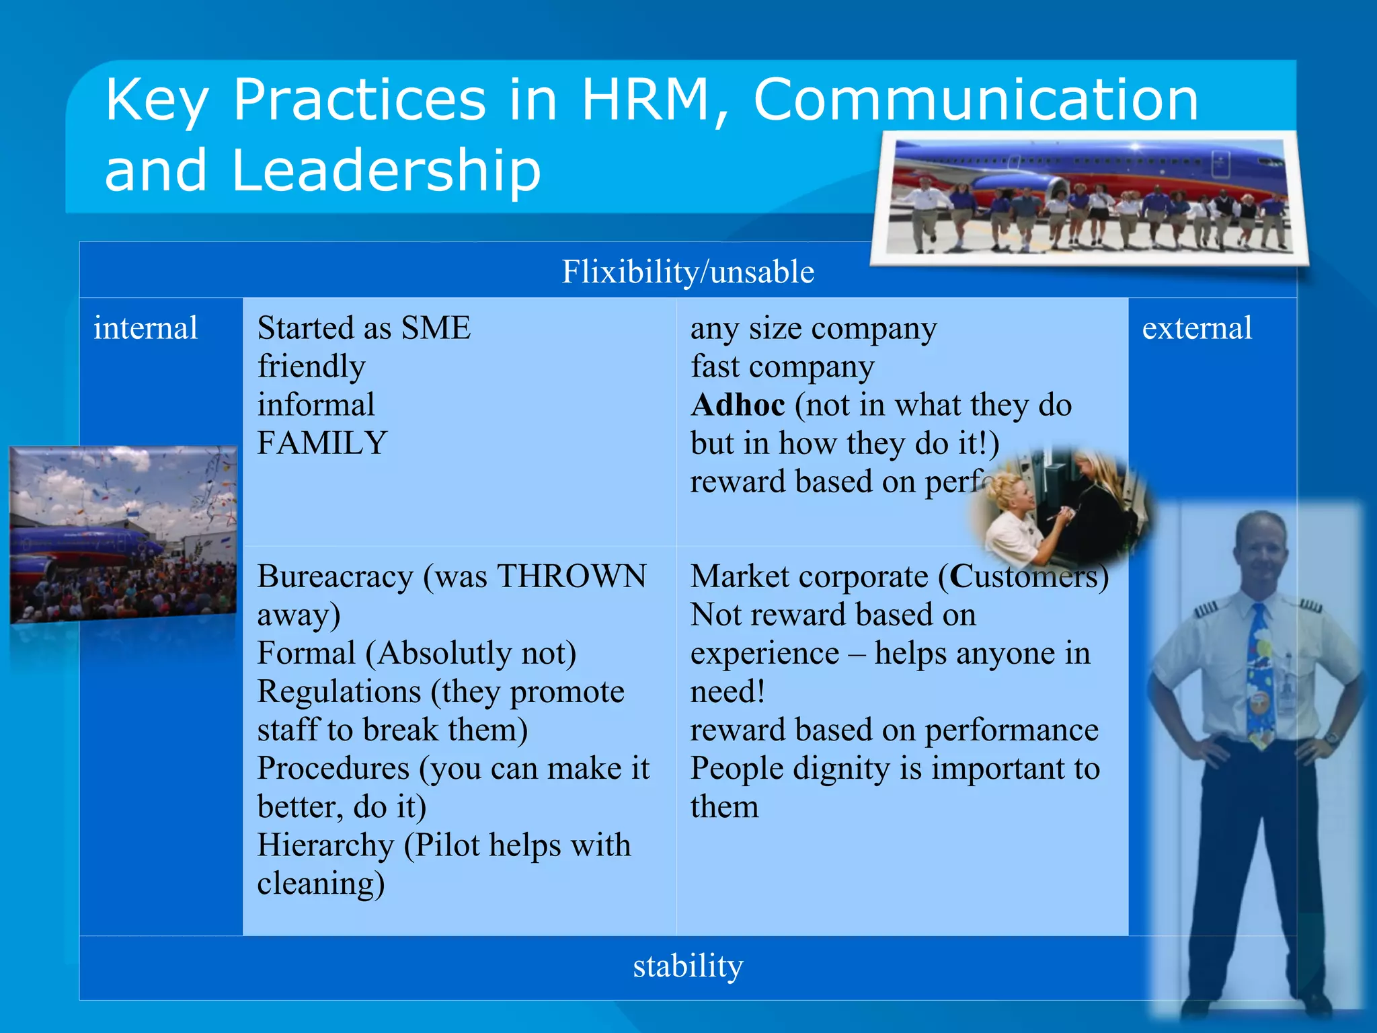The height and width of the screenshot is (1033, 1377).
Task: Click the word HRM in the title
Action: (644, 100)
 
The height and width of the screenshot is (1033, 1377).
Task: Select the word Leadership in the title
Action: (386, 171)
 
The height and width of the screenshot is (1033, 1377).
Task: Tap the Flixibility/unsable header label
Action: (688, 272)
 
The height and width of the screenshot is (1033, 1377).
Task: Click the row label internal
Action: (146, 328)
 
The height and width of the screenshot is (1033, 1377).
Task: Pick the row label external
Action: (1197, 328)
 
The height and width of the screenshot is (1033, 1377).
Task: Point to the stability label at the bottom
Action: (688, 966)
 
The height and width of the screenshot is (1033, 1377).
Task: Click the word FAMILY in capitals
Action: (322, 443)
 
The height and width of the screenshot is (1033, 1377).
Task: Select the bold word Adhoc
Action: (738, 405)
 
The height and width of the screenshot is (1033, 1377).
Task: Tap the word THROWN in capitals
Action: (572, 576)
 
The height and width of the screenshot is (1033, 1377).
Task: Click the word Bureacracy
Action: (335, 576)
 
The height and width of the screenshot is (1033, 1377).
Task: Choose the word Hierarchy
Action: (325, 845)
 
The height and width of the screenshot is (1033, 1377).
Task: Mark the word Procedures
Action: (333, 769)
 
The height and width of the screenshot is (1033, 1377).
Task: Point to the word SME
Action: (436, 328)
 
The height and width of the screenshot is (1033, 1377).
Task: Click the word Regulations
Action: (339, 692)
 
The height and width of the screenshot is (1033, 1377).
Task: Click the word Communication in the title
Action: (976, 100)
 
